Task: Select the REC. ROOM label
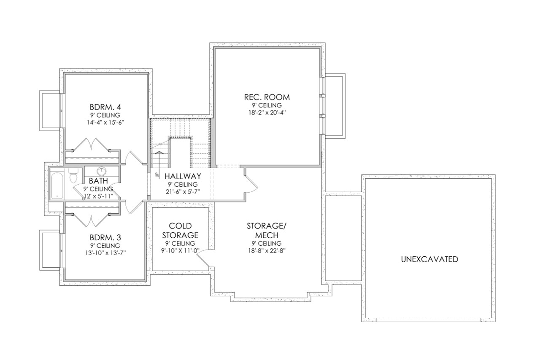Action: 267,97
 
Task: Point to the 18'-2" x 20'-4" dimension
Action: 267,113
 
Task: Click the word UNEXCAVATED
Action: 429,259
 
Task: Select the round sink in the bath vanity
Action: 102,171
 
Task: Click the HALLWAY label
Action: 182,176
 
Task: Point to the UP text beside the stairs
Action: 157,174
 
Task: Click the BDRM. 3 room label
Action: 105,237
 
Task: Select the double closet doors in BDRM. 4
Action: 91,145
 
